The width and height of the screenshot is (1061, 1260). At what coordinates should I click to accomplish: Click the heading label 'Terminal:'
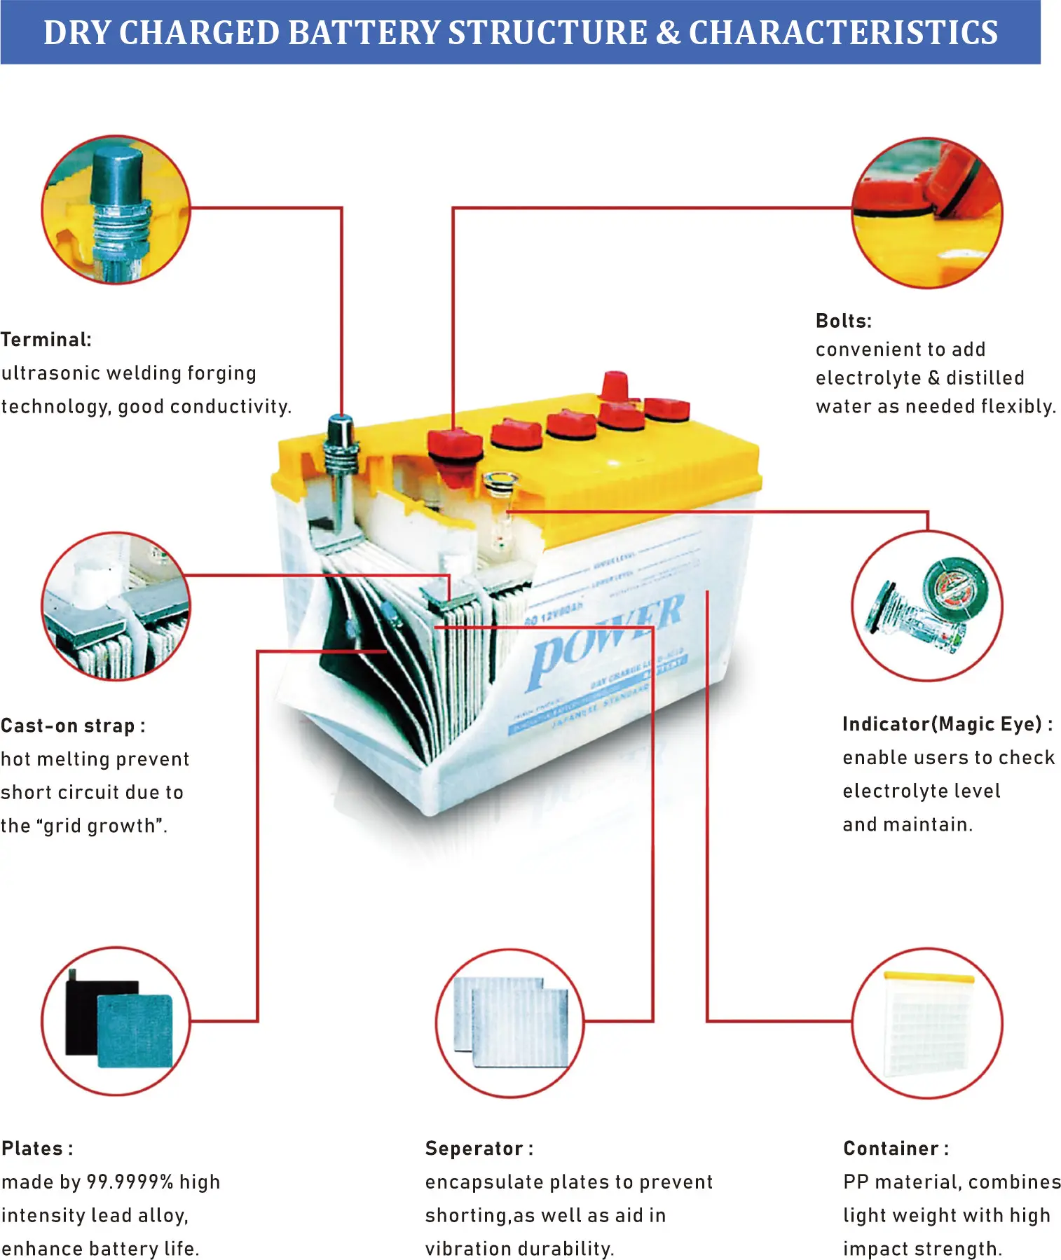click(46, 340)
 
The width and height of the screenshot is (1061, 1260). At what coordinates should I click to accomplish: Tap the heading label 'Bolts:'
click(843, 321)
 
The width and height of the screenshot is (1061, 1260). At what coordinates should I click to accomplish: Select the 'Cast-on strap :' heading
click(73, 726)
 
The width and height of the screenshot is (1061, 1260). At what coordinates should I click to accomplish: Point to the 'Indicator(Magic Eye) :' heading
click(947, 724)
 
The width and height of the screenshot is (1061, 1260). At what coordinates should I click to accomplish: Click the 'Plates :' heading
click(37, 1149)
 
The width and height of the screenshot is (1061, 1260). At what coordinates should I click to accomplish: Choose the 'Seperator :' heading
click(479, 1149)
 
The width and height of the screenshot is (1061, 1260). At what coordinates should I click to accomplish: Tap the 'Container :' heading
click(896, 1149)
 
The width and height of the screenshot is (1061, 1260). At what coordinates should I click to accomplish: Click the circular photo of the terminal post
click(116, 209)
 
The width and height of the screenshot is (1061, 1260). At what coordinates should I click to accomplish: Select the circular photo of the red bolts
click(926, 212)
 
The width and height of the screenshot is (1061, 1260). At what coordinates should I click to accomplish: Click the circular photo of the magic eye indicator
click(926, 606)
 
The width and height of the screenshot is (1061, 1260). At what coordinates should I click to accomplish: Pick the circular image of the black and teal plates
click(116, 1021)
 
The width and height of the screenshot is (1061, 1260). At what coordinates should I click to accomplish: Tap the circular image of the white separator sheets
click(510, 1023)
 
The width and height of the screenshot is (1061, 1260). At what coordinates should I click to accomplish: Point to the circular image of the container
click(926, 1023)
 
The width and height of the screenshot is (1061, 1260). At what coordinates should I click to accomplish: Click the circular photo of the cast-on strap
click(116, 606)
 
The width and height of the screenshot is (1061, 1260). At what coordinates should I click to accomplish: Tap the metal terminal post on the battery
click(341, 455)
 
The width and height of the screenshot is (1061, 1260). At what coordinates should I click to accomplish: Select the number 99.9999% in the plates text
click(130, 1182)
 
